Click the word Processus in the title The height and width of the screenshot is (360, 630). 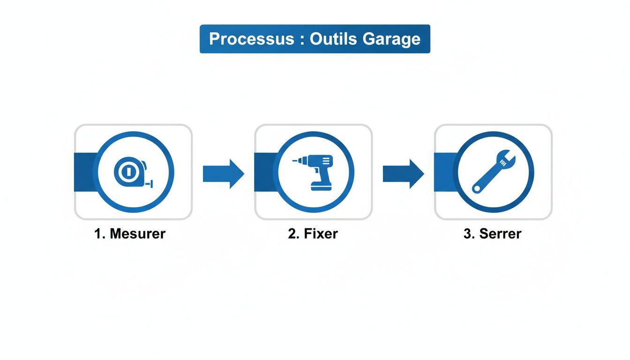click(x=251, y=38)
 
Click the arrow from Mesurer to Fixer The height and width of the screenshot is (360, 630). click(x=223, y=173)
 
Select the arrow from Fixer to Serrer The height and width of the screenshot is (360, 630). click(x=403, y=173)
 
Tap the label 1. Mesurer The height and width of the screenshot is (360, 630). click(x=130, y=233)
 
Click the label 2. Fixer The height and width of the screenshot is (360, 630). click(x=313, y=233)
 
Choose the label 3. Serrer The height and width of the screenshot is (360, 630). click(x=492, y=233)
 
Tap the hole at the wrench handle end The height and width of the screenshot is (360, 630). click(x=477, y=188)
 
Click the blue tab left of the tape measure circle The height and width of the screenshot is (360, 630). click(x=84, y=172)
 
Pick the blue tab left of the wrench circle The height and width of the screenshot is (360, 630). click(x=444, y=172)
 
